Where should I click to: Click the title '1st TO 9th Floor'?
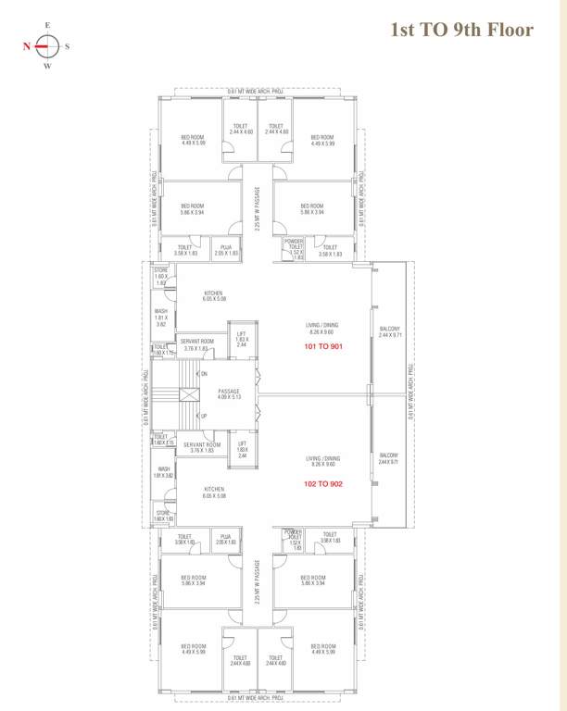pos(461,30)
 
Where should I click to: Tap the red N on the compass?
pos(28,44)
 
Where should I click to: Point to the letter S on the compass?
pos(68,44)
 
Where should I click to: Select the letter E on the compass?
pos(48,24)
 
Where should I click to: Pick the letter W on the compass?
pos(48,66)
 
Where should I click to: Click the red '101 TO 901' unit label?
pos(323,347)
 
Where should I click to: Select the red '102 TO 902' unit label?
pos(323,483)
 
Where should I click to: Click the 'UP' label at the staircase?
pos(203,416)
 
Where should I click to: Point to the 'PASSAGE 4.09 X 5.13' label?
pos(229,394)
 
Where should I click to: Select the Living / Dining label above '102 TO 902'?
pos(323,461)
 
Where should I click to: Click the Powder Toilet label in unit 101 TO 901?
pos(295,249)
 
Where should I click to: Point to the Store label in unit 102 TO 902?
pos(163,516)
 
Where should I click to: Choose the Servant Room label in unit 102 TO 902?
pos(202,447)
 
